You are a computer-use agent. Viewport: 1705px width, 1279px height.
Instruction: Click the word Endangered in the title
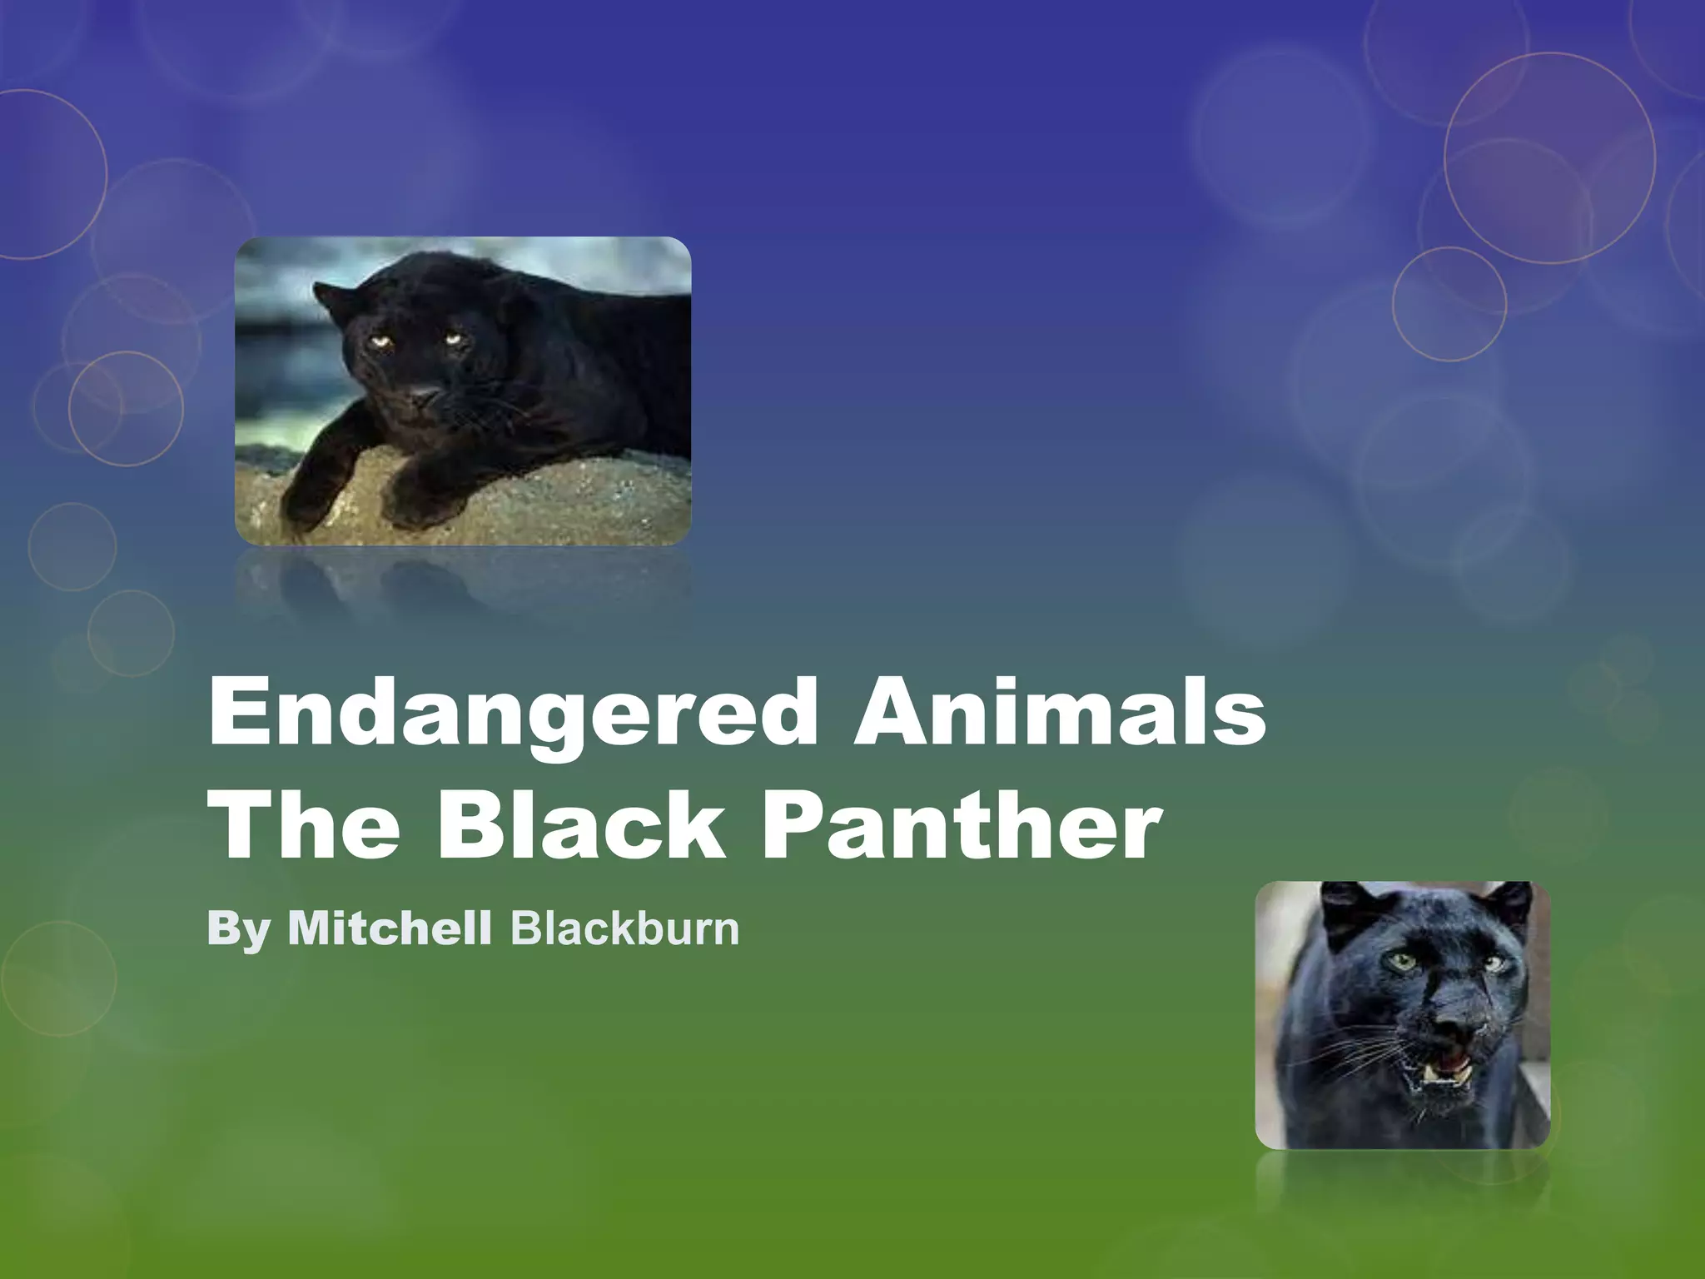513,713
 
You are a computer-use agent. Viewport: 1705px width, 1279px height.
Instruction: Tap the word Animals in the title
1059,713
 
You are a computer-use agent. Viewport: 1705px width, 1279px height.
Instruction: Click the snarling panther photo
1402,1015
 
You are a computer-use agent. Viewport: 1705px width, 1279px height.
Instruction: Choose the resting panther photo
463,391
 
